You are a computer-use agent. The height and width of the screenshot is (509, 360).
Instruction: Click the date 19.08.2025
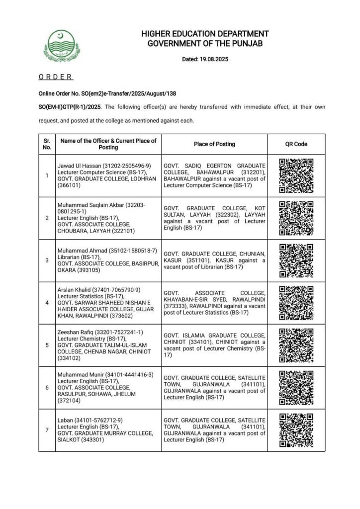coord(210,60)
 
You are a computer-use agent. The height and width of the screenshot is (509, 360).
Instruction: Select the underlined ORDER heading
coord(56,77)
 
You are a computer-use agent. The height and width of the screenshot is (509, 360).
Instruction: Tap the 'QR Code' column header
coord(296,144)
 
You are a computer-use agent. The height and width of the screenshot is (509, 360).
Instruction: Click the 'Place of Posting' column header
coord(214,144)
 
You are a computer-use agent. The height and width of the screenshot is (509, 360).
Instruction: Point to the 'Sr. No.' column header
coord(47,144)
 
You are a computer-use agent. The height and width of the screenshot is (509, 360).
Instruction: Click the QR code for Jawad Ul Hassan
coord(296,175)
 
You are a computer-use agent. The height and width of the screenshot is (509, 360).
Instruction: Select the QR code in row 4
coord(296,302)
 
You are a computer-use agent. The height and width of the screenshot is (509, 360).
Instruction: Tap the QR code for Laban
coord(296,430)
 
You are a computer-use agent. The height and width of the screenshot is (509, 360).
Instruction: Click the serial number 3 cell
coord(47,260)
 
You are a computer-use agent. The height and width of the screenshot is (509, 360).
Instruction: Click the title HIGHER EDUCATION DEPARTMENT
coord(205,34)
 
